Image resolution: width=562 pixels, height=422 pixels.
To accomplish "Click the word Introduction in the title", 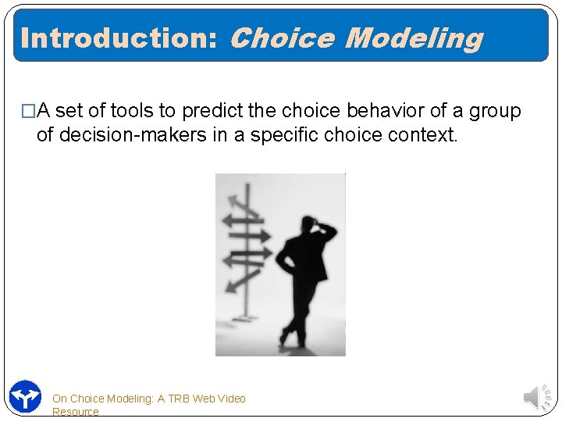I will (117, 38).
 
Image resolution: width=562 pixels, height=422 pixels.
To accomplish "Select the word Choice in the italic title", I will (282, 38).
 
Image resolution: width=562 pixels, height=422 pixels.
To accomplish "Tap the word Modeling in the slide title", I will (413, 38).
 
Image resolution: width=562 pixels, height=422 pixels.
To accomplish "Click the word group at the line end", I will (494, 111).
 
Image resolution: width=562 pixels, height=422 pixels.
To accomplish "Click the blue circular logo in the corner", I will (25, 396).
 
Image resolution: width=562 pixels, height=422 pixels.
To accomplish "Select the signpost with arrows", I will (246, 234).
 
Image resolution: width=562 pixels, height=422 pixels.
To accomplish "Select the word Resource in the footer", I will (75, 412).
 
